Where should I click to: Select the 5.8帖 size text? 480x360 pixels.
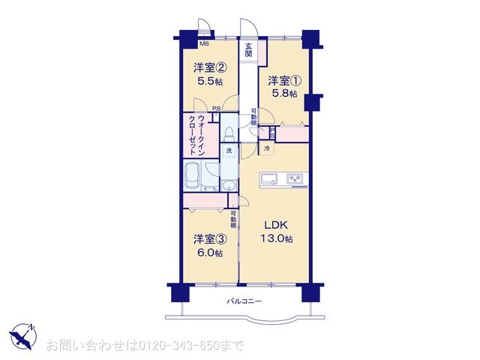284,94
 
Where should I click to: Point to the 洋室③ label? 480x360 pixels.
208,239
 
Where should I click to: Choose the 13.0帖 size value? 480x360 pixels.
276,239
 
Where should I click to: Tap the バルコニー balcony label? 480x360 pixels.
244,302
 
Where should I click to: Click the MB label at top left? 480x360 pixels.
183,44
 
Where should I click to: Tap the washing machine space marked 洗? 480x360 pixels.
229,151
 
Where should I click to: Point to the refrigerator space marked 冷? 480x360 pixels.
266,149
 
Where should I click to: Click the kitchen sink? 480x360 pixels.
270,178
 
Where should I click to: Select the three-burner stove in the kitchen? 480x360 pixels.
295,178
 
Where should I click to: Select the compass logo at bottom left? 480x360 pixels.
23,335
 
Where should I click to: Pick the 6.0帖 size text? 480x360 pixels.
208,253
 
